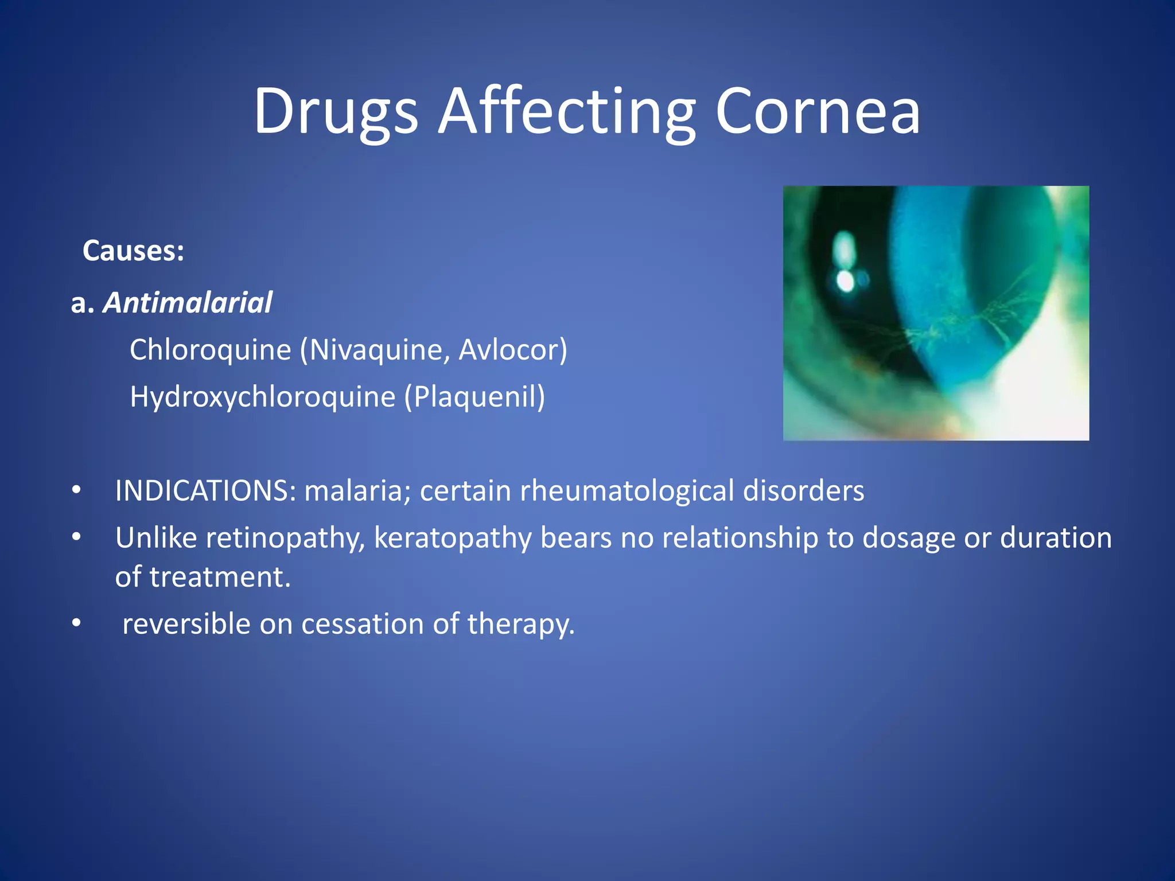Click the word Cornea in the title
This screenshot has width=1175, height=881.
(817, 111)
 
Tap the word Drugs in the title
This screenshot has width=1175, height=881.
(336, 111)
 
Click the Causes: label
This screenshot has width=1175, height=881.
(133, 251)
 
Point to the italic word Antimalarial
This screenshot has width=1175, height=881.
(188, 303)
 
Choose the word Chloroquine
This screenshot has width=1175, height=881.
(210, 350)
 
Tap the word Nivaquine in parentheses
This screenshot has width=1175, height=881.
(376, 350)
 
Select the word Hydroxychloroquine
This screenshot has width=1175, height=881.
(263, 397)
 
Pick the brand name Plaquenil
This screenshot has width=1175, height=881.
(475, 397)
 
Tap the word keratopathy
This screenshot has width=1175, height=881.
(453, 538)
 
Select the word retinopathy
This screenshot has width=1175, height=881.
(285, 538)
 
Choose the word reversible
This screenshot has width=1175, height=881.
(186, 624)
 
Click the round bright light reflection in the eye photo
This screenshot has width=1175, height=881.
(845, 280)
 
